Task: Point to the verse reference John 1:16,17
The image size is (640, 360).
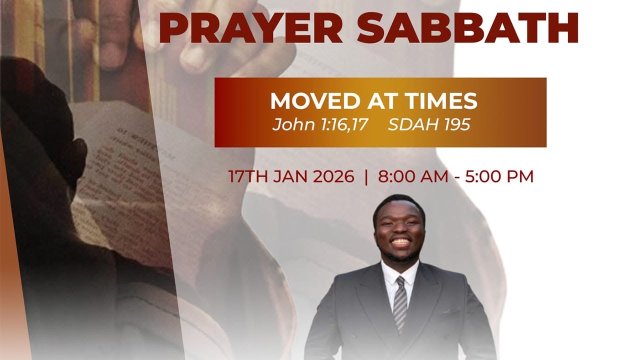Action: pos(320,124)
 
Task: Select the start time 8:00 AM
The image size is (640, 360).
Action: pos(413,177)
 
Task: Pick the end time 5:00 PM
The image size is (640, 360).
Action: pos(499,177)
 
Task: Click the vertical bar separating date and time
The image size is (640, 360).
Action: pos(366,177)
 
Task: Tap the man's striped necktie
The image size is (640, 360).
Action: pos(400,302)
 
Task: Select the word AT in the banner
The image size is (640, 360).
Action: pos(373,101)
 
